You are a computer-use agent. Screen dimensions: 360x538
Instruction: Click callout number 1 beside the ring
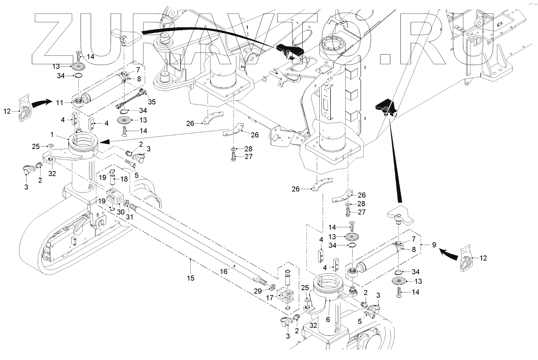pyautogui.click(x=52, y=134)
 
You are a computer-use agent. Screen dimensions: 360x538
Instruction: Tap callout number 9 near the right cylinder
pyautogui.click(x=434, y=245)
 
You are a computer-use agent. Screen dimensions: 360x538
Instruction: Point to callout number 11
pyautogui.click(x=59, y=103)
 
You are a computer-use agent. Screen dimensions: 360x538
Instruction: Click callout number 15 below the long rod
pyautogui.click(x=190, y=278)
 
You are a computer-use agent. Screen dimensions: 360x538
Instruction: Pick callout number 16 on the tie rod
pyautogui.click(x=224, y=272)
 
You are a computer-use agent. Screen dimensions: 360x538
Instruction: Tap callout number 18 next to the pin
pyautogui.click(x=124, y=179)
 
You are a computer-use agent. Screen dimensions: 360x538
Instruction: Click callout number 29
pyautogui.click(x=258, y=291)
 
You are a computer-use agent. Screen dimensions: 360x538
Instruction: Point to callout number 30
pyautogui.click(x=120, y=212)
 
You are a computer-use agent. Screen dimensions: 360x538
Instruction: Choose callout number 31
pyautogui.click(x=130, y=217)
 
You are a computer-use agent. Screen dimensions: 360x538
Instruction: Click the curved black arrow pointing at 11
pyautogui.click(x=41, y=102)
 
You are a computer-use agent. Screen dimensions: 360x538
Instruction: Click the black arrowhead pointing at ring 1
pyautogui.click(x=104, y=142)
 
